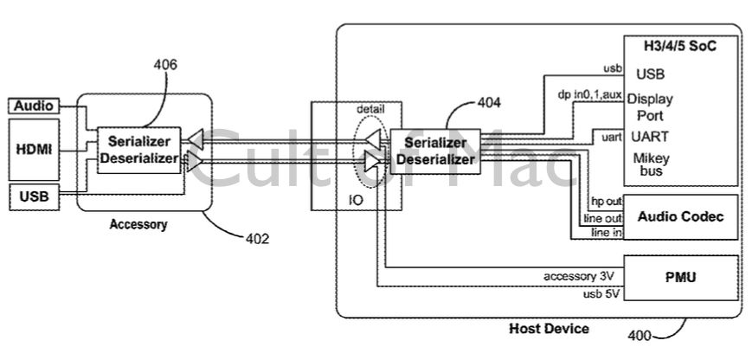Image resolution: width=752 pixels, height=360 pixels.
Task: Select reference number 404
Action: coord(490,103)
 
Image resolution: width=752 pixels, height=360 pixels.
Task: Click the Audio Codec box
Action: coord(679,216)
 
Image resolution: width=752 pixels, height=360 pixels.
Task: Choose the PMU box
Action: coord(679,277)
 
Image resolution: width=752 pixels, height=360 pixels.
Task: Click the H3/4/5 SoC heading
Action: coord(679,43)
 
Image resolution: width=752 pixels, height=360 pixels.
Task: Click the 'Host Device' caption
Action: coord(549,329)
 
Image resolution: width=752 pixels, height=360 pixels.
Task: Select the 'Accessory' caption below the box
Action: coord(138,225)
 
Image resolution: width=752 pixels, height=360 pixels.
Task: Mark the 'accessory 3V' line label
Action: coord(578,277)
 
